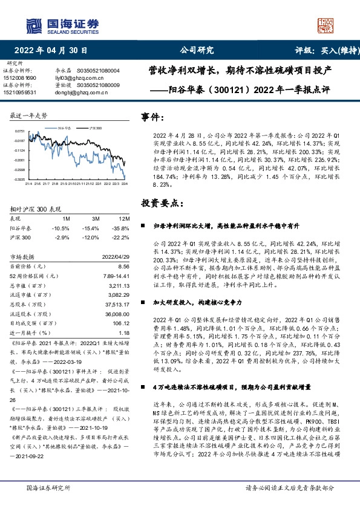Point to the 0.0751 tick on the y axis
pos(19,131)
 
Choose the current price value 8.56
pos(125,266)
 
